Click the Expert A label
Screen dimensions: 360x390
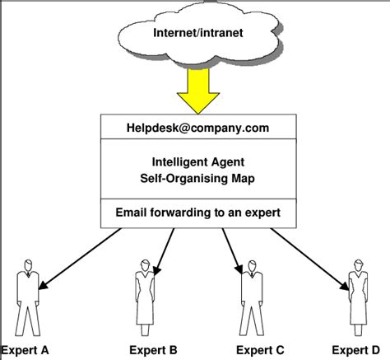tap(26, 349)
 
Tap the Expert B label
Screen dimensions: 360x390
tap(152, 349)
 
